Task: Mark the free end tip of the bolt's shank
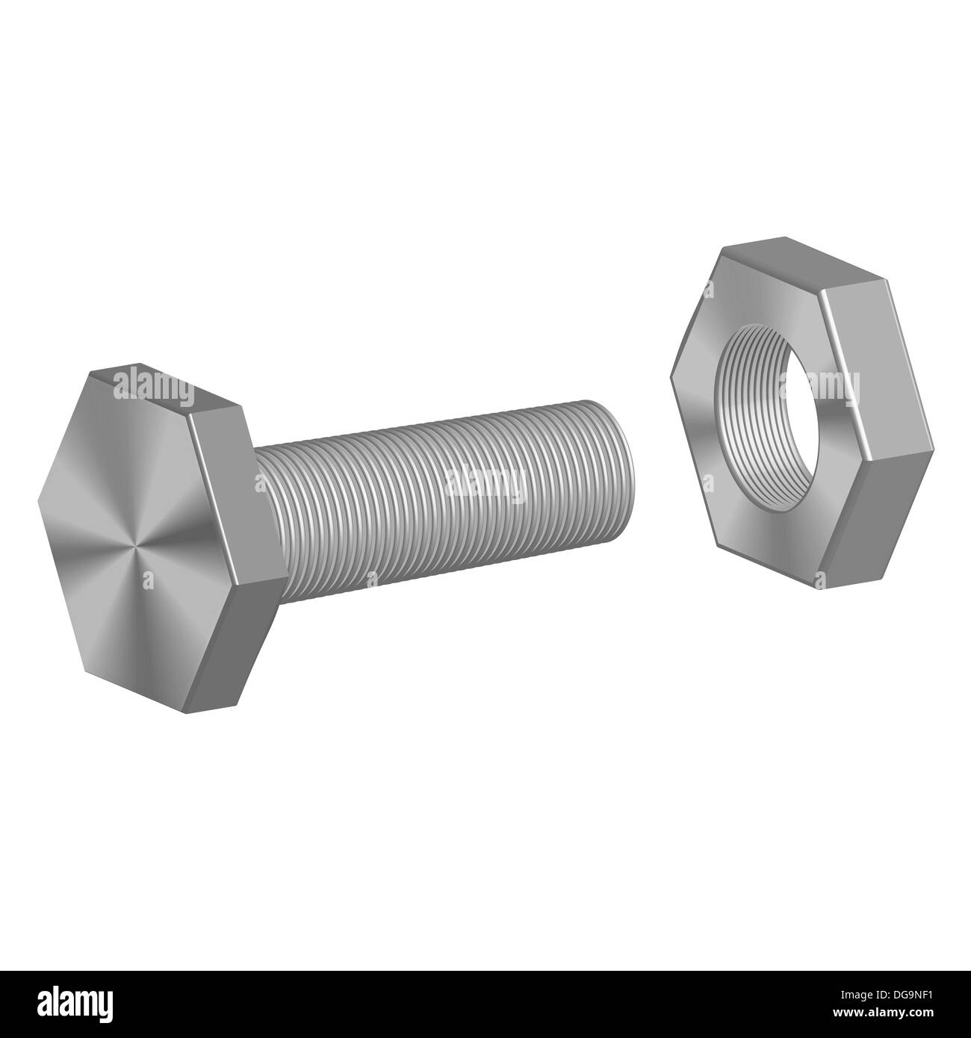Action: [x=623, y=478]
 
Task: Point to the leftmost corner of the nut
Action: [x=671, y=380]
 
